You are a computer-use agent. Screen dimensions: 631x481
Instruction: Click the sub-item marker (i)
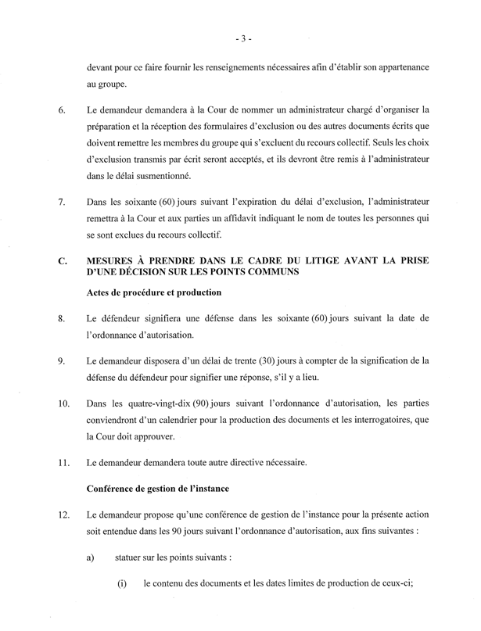(123, 587)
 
